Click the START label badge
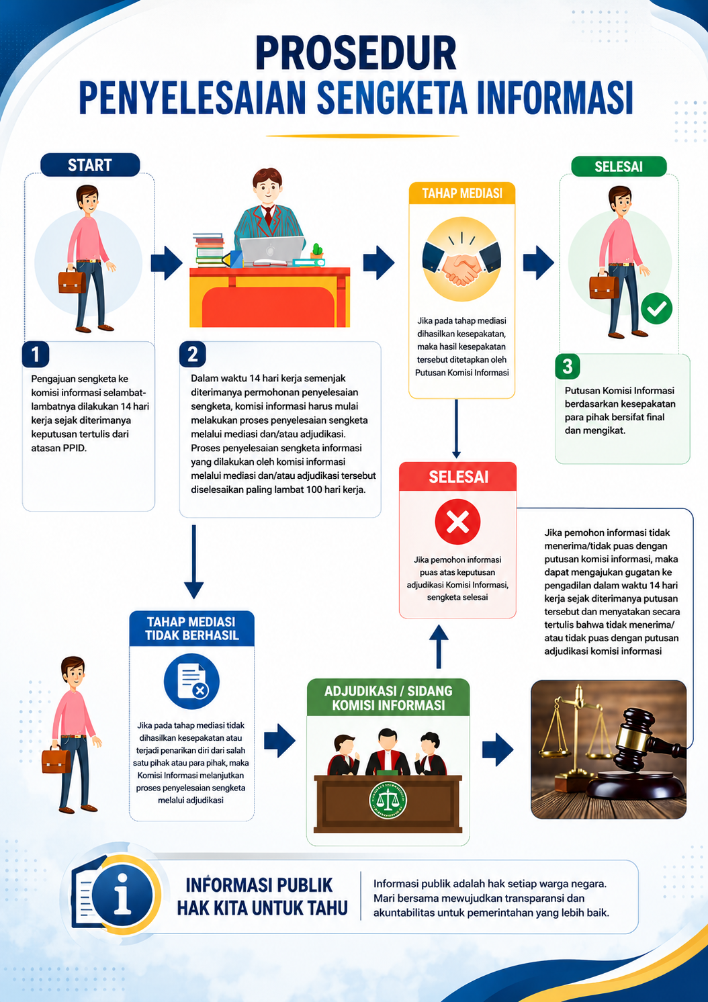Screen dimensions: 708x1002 click(x=90, y=165)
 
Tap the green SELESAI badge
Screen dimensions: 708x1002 click(x=619, y=167)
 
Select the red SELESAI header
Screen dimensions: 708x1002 click(x=458, y=477)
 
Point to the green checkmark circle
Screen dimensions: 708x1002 click(x=656, y=308)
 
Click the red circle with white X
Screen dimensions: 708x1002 click(x=457, y=522)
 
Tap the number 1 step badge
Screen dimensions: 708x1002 click(x=36, y=355)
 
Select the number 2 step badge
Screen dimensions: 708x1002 click(x=192, y=355)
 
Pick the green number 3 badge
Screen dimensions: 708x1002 click(x=568, y=367)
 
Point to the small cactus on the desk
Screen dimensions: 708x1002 click(x=317, y=251)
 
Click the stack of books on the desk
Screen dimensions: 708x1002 click(x=209, y=250)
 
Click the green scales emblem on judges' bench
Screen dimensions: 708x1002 click(x=388, y=801)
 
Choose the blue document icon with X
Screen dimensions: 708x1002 click(x=191, y=681)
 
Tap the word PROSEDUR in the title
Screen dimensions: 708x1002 click(x=356, y=53)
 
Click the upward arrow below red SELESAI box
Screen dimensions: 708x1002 click(x=439, y=646)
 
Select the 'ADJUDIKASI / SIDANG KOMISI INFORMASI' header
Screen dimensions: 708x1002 click(x=388, y=698)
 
